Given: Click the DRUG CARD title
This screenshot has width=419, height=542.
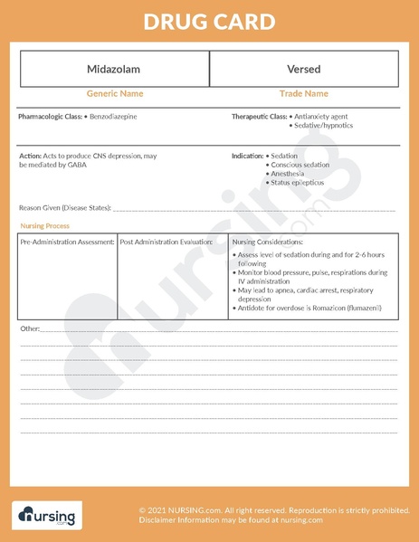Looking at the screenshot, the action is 209,22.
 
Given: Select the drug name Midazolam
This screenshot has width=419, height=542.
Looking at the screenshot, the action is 113,69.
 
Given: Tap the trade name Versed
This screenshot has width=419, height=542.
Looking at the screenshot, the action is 303,69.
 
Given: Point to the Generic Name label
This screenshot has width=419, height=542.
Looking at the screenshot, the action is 114,93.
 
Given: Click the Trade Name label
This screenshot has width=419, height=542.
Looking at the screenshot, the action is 303,93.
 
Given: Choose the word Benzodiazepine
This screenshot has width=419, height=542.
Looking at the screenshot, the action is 114,118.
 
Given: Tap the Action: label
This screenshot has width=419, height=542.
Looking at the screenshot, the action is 29,156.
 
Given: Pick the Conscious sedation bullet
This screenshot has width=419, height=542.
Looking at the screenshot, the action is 302,165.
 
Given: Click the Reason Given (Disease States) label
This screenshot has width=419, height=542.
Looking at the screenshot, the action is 64,208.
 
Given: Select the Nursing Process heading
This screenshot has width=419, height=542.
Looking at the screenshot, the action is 44,226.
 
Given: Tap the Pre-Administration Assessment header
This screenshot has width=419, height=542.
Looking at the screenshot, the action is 67,242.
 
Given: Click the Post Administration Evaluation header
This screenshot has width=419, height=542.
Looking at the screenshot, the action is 167,242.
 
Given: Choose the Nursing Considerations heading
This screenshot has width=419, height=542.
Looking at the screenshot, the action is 268,242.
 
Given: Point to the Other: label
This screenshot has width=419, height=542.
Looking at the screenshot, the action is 30,328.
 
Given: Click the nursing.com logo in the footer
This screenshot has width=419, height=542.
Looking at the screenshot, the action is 46,516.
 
